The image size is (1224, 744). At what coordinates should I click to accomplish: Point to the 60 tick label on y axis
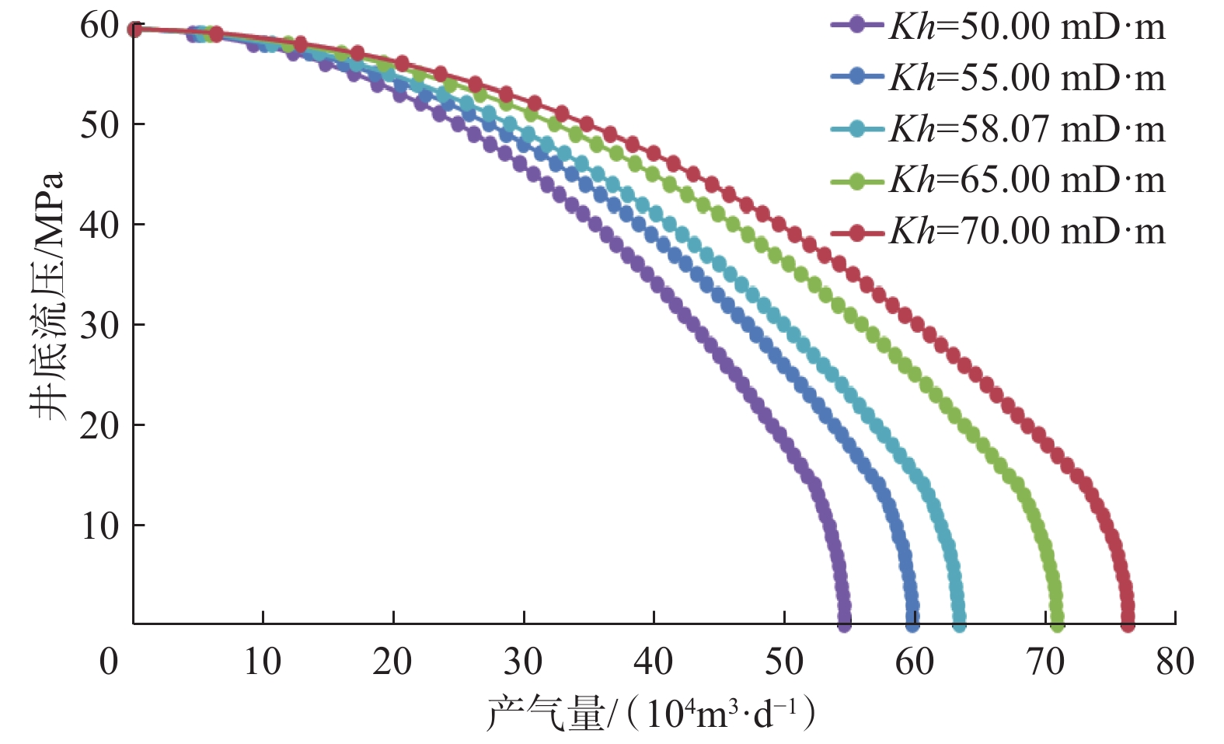pos(99,26)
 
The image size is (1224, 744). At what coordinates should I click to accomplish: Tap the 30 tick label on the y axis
pos(99,326)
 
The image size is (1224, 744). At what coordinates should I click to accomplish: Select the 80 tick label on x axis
pos(1174,662)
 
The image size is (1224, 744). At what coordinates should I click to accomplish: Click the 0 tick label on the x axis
pos(109,662)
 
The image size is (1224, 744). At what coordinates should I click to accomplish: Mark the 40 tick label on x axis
pos(653,662)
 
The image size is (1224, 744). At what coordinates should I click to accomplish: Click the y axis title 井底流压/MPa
pos(48,295)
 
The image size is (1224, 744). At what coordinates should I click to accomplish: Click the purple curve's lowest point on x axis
pos(844,623)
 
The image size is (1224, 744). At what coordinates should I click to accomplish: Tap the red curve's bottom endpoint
pos(1128,623)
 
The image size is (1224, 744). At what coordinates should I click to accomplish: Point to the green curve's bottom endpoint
pos(1057,623)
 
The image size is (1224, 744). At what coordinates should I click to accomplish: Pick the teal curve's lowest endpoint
pos(959,623)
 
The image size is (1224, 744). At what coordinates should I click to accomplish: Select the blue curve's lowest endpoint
pos(912,623)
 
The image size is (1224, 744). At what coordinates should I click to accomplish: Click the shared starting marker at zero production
pos(134,30)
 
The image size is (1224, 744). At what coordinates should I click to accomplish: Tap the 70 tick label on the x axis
pos(1044,662)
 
